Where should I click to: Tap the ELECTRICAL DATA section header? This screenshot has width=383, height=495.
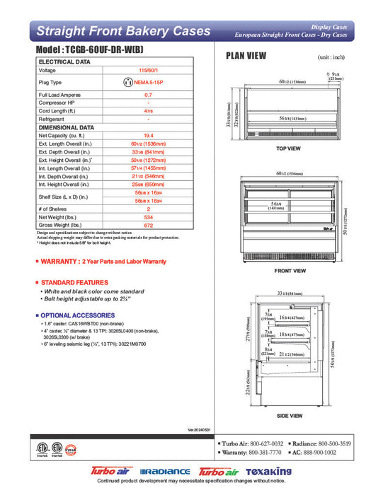64,62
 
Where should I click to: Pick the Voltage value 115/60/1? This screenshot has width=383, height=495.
148,71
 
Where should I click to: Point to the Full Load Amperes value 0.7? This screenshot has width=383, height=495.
148,94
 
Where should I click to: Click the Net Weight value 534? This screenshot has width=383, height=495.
148,219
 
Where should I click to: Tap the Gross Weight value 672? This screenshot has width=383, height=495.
148,226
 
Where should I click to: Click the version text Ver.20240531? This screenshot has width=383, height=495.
200,429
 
